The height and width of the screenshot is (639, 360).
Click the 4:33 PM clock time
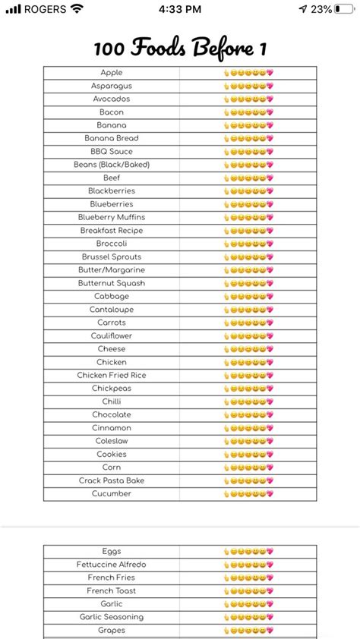[x=180, y=9]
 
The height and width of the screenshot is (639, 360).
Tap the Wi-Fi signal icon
[x=77, y=9]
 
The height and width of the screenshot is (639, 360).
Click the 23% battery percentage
[x=321, y=9]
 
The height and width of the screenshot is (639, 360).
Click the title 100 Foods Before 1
[x=180, y=49]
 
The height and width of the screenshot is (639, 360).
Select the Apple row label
[x=112, y=73]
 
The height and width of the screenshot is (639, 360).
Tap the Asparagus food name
[x=112, y=86]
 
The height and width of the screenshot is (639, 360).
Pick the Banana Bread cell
[x=112, y=138]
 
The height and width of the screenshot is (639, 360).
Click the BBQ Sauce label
[x=112, y=152]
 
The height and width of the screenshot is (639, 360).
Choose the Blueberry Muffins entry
[x=112, y=217]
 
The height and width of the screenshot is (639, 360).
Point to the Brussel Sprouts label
[x=112, y=257]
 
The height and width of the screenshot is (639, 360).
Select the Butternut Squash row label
[x=112, y=283]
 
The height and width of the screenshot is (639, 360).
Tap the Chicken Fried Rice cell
[x=112, y=375]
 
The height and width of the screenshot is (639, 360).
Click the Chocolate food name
[x=112, y=414]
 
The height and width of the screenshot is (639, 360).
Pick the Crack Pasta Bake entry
[x=112, y=480]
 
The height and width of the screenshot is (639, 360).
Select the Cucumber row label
[x=112, y=493]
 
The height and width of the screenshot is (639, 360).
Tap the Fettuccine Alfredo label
[x=112, y=565]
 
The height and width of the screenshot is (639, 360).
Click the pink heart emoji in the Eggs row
[x=270, y=552]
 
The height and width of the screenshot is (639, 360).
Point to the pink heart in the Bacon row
[x=270, y=112]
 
